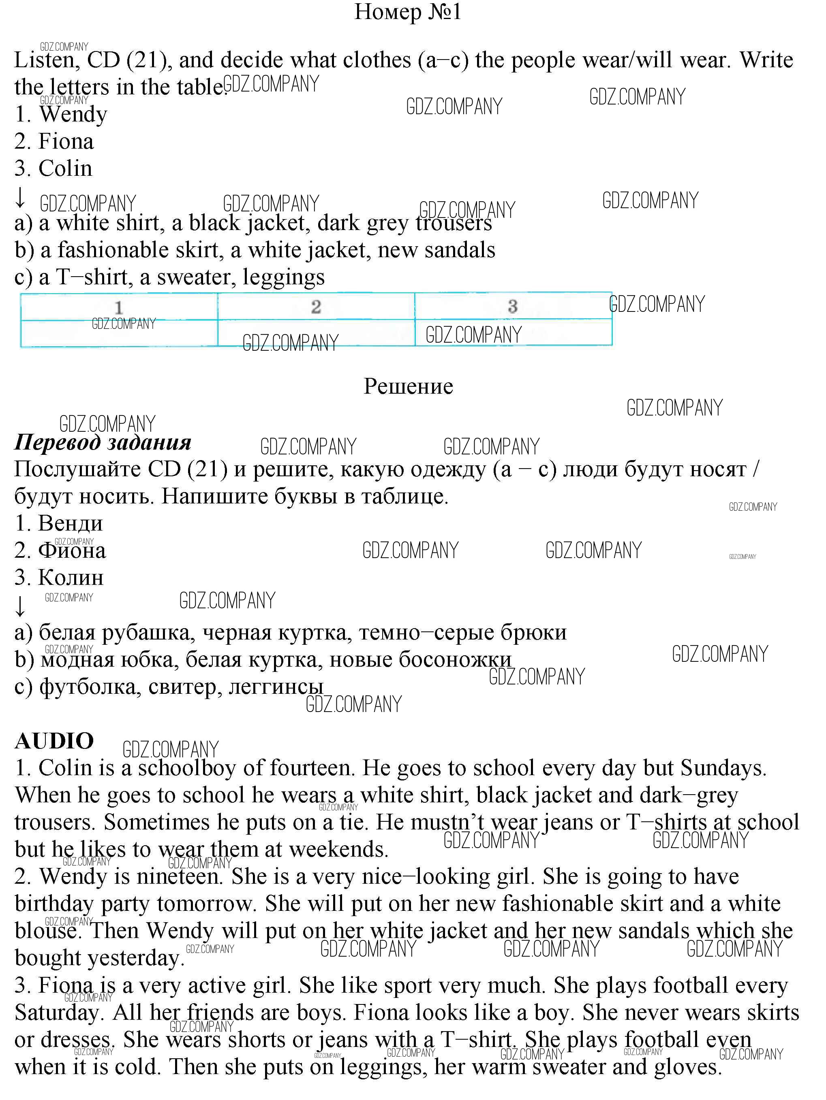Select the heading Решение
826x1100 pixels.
pyautogui.click(x=408, y=386)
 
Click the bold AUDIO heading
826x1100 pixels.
pyautogui.click(x=54, y=741)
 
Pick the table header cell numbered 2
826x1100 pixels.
pyautogui.click(x=316, y=306)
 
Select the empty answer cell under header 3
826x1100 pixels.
pyautogui.click(x=513, y=332)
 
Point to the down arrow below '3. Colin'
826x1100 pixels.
pyautogui.click(x=20, y=197)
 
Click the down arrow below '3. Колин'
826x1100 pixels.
pyautogui.click(x=20, y=606)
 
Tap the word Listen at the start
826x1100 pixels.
pyautogui.click(x=44, y=61)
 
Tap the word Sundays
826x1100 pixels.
pyautogui.click(x=723, y=768)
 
